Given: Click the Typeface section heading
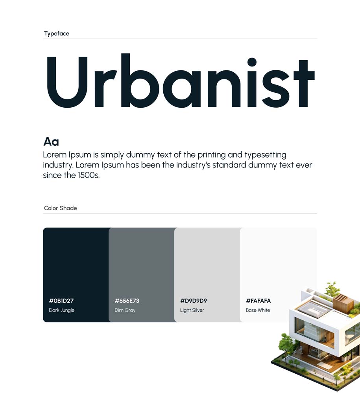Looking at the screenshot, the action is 56,33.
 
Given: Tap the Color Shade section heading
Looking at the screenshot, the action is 61,208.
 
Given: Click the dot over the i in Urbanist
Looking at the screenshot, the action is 252,62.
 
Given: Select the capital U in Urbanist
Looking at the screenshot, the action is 67,82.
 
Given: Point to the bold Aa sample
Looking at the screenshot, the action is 51,141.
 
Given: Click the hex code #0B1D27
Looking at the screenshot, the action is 61,301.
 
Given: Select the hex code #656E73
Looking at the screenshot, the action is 127,301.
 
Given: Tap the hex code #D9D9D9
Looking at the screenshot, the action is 194,301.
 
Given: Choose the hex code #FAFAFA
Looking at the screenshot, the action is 258,301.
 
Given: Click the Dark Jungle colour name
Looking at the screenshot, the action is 62,310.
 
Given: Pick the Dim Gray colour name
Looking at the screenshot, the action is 125,310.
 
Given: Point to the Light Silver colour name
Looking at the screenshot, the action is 192,310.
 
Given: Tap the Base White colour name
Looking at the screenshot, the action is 258,310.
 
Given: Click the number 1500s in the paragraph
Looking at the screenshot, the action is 89,175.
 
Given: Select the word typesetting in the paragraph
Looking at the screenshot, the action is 266,155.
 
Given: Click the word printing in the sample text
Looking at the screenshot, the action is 212,155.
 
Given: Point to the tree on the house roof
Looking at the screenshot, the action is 332,289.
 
